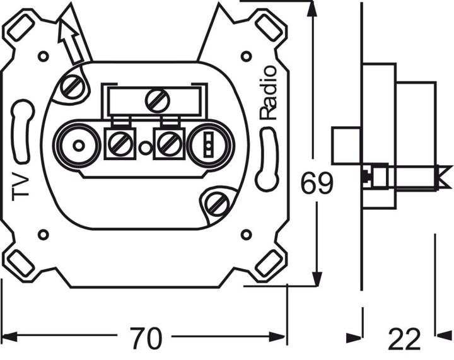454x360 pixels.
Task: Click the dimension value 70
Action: tap(146, 339)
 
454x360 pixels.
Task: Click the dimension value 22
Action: tap(404, 340)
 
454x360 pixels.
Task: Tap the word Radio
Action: tap(267, 92)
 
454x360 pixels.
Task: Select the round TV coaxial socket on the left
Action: tap(76, 147)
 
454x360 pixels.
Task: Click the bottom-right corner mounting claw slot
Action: tap(269, 264)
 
